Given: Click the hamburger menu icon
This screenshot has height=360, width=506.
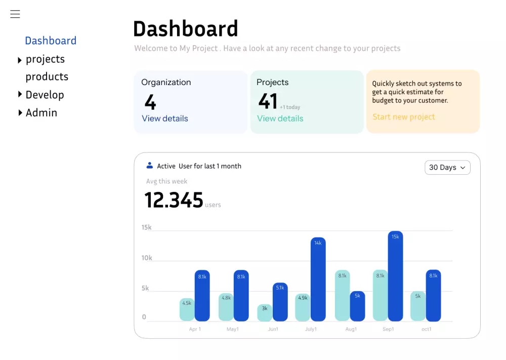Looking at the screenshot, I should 15,14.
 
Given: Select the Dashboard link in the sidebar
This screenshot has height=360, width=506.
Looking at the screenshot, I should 51,41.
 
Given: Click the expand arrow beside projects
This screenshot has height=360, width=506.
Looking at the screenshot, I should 20,60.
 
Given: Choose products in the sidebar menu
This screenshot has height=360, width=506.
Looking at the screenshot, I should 47,77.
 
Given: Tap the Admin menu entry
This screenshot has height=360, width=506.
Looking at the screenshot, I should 41,113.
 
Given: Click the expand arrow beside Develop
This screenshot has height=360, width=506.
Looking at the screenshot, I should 20,94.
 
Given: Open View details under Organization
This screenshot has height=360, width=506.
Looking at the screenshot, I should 165,118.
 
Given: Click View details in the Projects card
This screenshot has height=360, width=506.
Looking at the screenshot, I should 280,118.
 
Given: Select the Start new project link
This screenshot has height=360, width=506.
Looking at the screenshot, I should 404,117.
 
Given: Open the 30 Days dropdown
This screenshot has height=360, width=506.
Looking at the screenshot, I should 447,168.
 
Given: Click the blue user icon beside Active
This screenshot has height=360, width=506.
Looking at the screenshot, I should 150,166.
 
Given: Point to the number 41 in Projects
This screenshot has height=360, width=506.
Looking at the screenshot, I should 268,101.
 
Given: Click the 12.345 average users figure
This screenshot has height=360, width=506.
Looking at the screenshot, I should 174,200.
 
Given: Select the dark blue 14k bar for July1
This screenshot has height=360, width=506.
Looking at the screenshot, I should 318,279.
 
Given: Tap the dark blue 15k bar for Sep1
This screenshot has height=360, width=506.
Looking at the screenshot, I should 395,276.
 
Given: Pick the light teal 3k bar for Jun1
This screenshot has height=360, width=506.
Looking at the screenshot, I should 265,313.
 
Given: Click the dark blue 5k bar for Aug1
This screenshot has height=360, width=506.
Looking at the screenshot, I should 357,306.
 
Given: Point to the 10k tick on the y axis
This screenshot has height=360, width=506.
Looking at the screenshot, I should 147,258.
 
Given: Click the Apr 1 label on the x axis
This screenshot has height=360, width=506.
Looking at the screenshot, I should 195,329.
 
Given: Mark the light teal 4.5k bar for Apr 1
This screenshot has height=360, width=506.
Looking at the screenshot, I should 187,310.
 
